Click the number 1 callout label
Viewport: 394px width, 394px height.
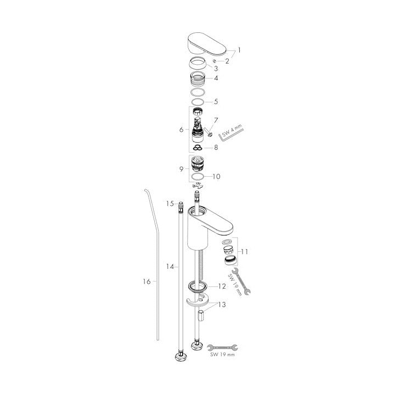[239, 50]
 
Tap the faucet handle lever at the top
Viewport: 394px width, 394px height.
[207, 44]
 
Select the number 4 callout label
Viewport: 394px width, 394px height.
[216, 78]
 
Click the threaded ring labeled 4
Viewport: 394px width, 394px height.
[198, 79]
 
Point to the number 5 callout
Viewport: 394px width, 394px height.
[216, 102]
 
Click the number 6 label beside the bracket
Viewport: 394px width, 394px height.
[182, 130]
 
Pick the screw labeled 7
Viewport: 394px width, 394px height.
[208, 132]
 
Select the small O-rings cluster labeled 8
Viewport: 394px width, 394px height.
[198, 148]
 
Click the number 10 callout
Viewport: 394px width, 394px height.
[216, 176]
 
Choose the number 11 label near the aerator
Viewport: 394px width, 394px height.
[245, 251]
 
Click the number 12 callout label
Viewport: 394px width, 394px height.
[222, 286]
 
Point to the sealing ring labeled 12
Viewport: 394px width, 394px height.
[198, 287]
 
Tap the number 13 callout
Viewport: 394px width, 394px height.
[222, 305]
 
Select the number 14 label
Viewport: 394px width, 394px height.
[170, 267]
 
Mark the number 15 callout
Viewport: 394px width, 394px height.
[170, 204]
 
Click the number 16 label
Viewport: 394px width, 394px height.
[147, 282]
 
